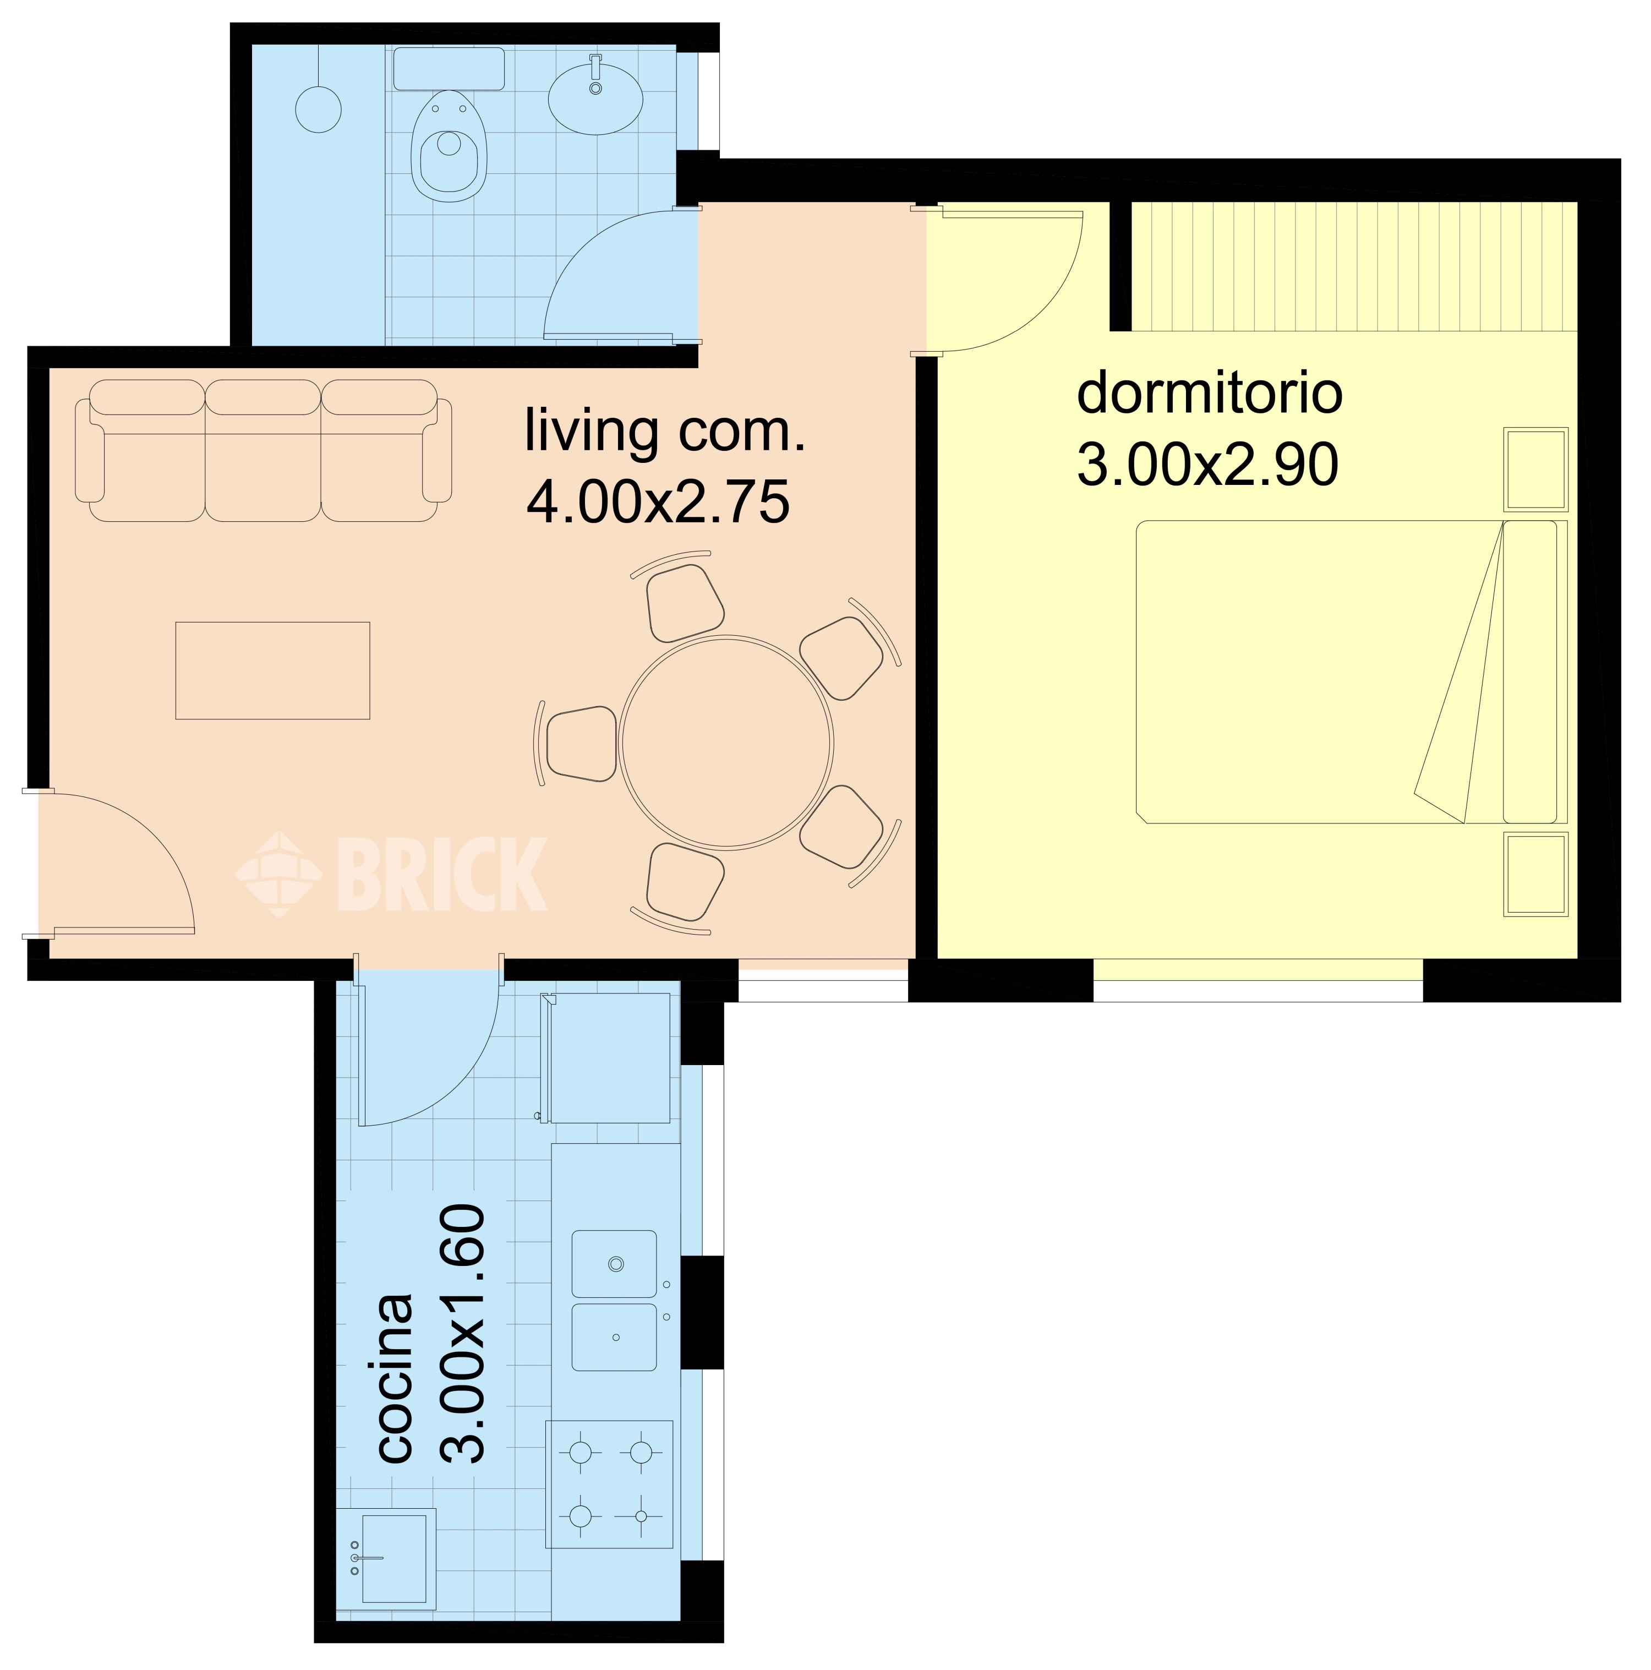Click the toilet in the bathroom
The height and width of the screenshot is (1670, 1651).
(x=449, y=145)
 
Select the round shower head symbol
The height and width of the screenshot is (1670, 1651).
(x=318, y=110)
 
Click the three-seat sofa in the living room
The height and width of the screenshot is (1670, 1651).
(x=263, y=450)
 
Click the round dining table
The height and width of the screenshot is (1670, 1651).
(x=726, y=743)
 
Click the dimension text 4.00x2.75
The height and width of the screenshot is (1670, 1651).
(x=658, y=502)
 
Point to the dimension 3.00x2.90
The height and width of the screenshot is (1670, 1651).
(x=1207, y=464)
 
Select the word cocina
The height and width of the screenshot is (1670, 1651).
(x=395, y=1378)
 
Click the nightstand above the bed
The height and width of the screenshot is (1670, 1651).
(x=1536, y=468)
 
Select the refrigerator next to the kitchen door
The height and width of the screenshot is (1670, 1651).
(x=610, y=1058)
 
